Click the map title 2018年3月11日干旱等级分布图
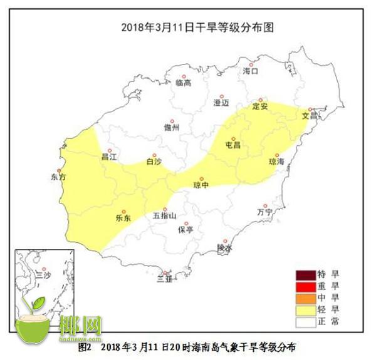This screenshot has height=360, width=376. tap(187, 28)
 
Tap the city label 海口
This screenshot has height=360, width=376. tap(251, 71)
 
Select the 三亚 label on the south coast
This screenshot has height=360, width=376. tap(164, 279)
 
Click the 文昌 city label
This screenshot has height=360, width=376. tap(310, 115)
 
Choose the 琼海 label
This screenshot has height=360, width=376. tap(276, 161)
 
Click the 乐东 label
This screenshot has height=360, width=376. tap(123, 219)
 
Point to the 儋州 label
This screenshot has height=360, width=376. tap(170, 126)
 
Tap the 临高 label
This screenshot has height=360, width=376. tap(183, 83)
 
